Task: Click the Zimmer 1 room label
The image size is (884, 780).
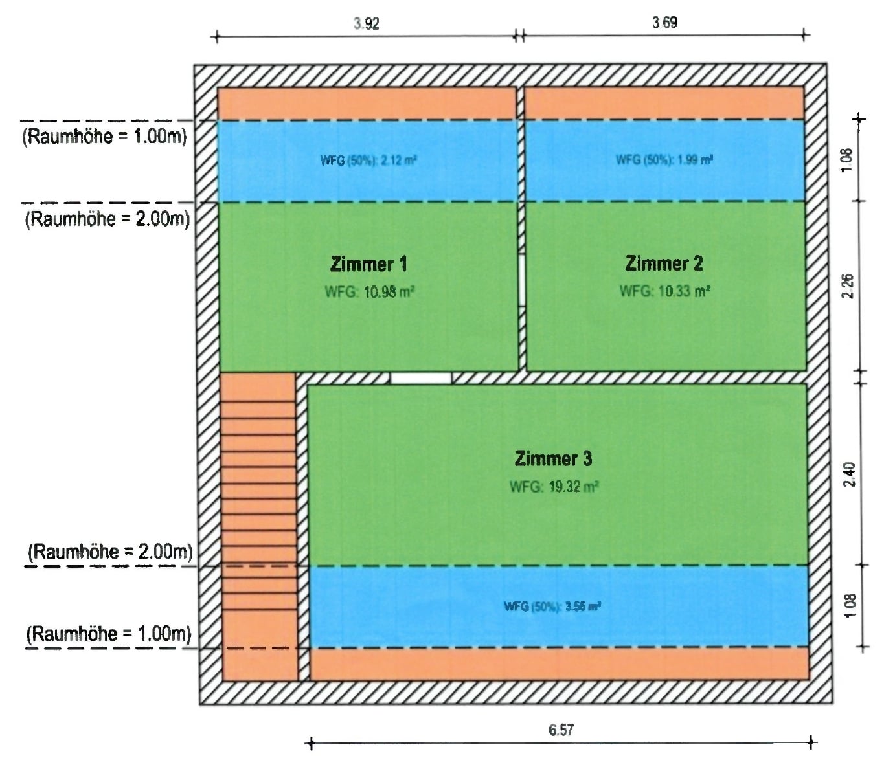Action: pyautogui.click(x=368, y=264)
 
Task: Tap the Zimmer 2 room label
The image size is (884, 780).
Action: pyautogui.click(x=664, y=263)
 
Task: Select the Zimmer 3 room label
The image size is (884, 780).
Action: pyautogui.click(x=553, y=459)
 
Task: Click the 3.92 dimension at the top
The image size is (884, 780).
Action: pyautogui.click(x=367, y=24)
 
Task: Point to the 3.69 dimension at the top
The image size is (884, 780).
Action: pyautogui.click(x=665, y=23)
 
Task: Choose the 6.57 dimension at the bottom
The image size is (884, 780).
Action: pyautogui.click(x=561, y=730)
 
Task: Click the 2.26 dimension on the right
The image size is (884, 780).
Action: pyautogui.click(x=848, y=286)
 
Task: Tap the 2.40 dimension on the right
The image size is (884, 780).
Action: pyautogui.click(x=850, y=474)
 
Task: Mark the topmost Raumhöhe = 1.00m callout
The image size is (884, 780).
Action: pyautogui.click(x=105, y=137)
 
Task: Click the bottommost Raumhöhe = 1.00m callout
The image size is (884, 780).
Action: pyautogui.click(x=109, y=634)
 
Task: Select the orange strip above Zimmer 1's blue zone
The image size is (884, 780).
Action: pyautogui.click(x=367, y=104)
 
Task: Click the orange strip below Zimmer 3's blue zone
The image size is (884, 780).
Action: pyautogui.click(x=560, y=663)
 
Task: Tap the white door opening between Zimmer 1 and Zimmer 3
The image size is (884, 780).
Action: pyautogui.click(x=421, y=378)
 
